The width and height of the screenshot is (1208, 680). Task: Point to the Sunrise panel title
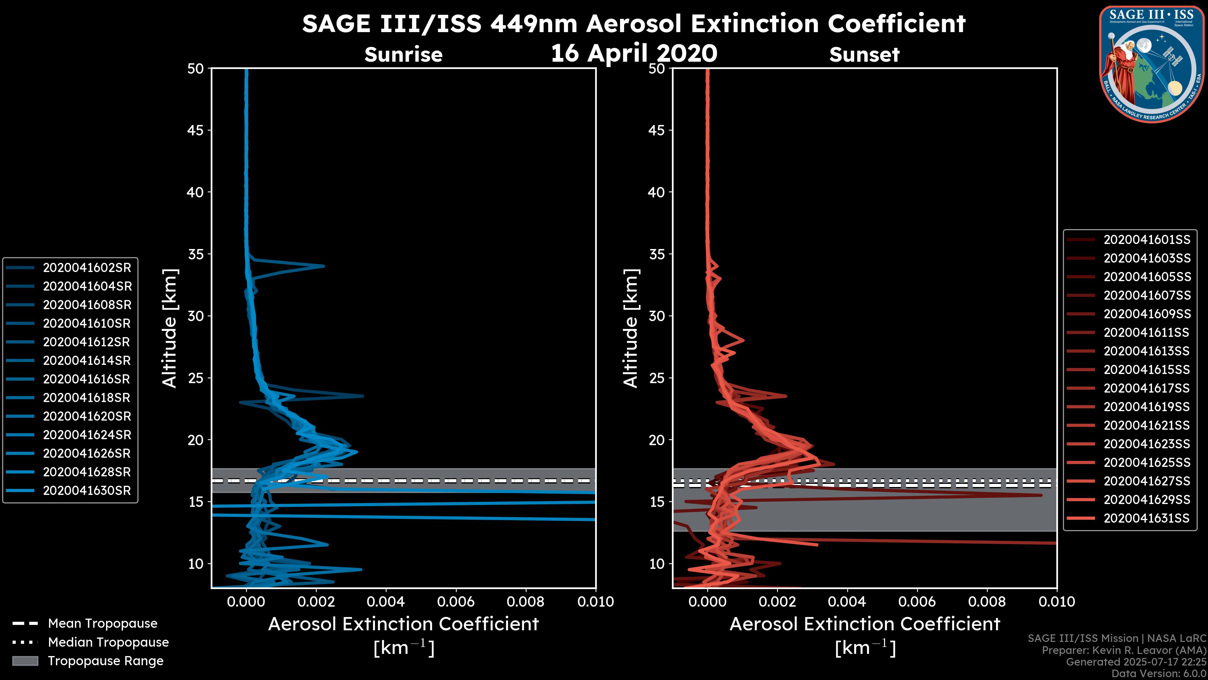pyautogui.click(x=403, y=54)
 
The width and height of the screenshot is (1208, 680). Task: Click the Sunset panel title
pyautogui.click(x=864, y=54)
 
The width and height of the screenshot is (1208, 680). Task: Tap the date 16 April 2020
pyautogui.click(x=634, y=53)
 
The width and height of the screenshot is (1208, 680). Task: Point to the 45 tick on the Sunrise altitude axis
pyautogui.click(x=195, y=130)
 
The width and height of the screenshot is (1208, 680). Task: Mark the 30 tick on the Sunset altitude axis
pyautogui.click(x=657, y=316)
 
